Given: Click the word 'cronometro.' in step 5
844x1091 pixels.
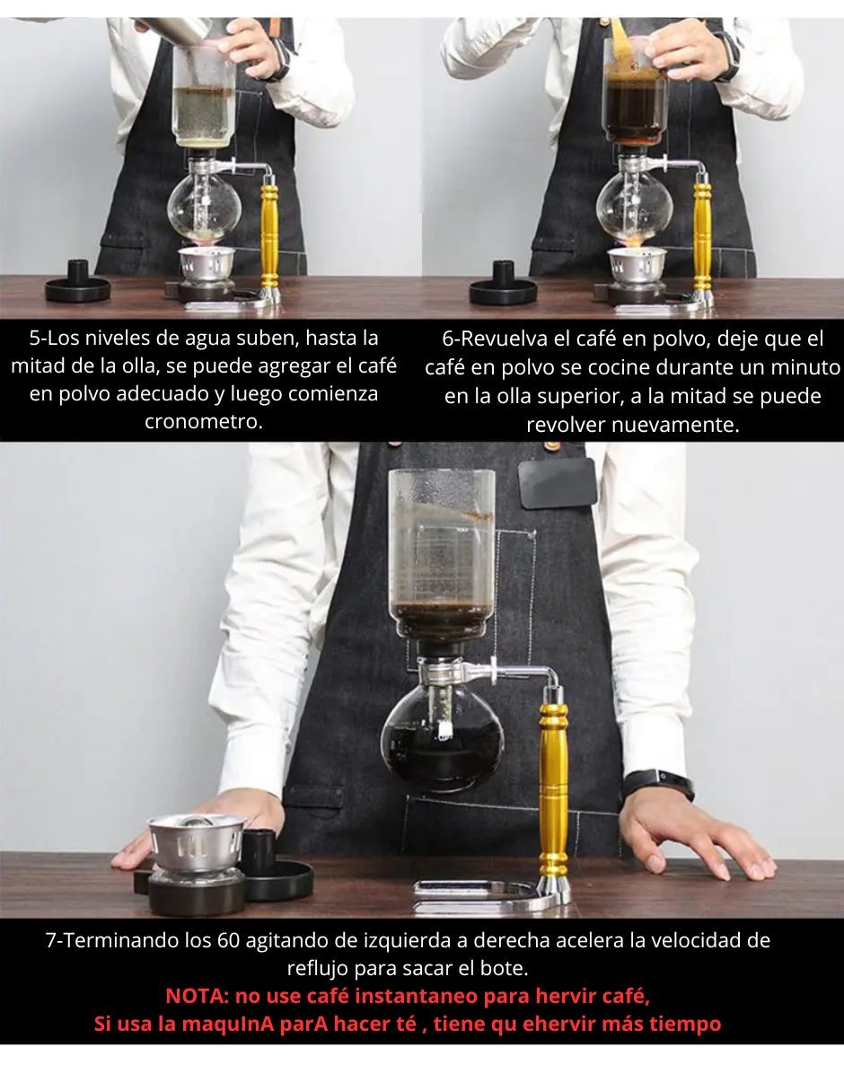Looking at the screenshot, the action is click(204, 422).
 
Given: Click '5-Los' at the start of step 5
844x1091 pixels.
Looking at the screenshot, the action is click(54, 338).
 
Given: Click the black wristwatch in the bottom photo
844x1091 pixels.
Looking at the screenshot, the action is click(659, 784).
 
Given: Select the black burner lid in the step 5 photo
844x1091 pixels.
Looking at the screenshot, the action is click(78, 282).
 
